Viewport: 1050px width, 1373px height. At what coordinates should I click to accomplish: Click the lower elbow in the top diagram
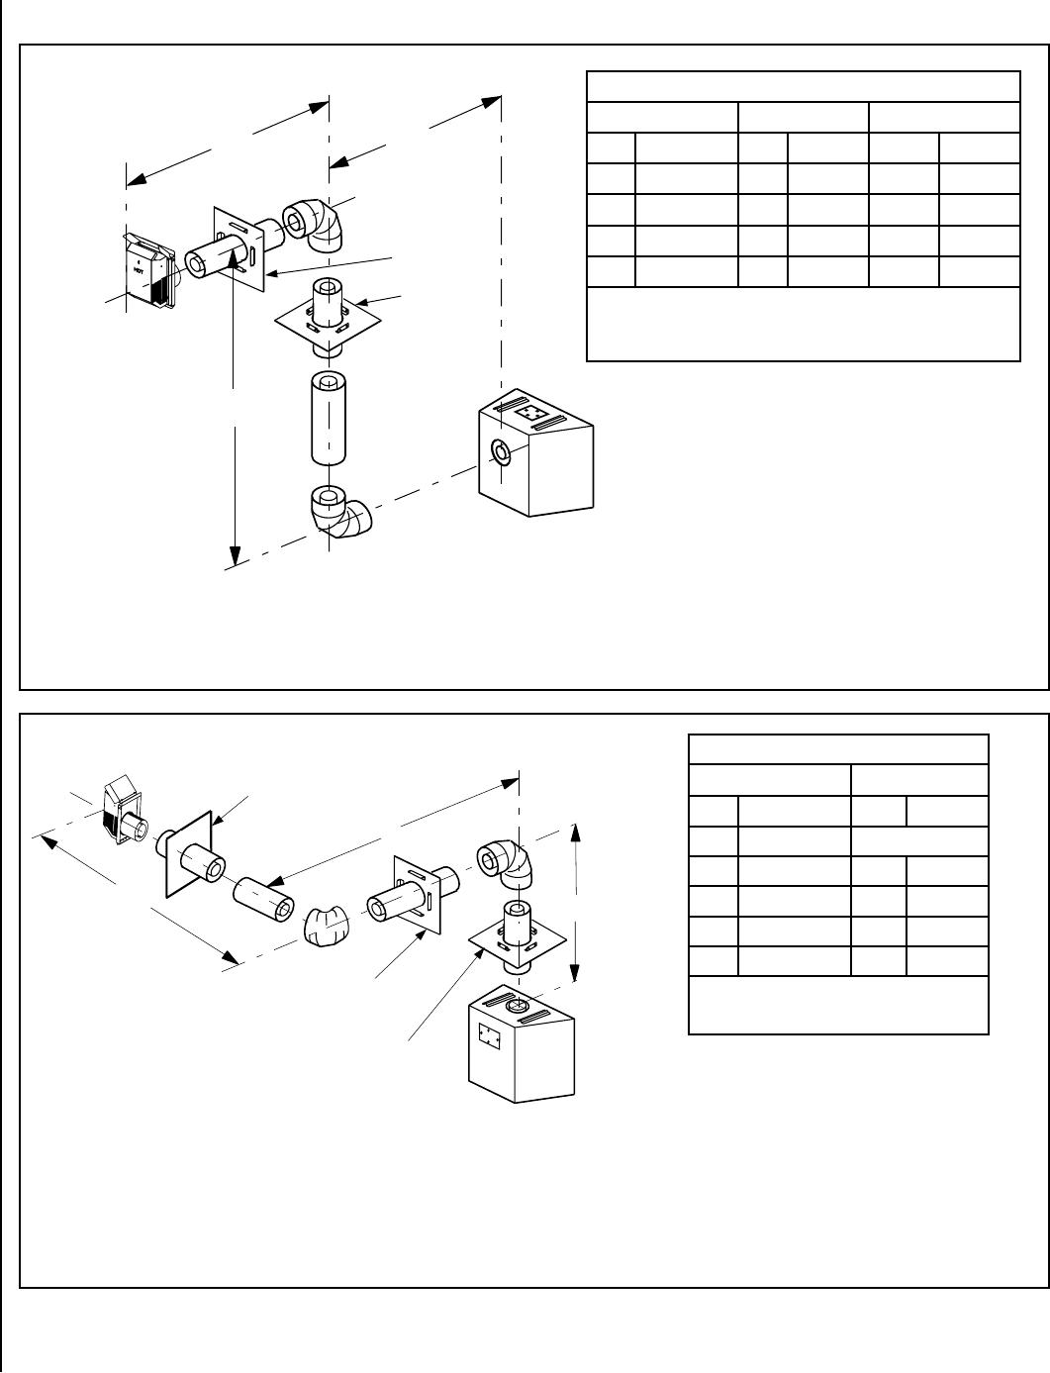(338, 513)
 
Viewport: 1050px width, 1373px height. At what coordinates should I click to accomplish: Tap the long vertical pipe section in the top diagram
(329, 418)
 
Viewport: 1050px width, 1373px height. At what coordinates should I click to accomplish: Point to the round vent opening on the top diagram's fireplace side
(502, 452)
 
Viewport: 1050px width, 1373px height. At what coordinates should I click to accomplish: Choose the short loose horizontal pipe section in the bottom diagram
(264, 897)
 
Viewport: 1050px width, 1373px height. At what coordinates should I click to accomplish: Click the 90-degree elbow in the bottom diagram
(510, 866)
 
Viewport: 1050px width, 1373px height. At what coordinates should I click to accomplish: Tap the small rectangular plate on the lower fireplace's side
(486, 1035)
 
